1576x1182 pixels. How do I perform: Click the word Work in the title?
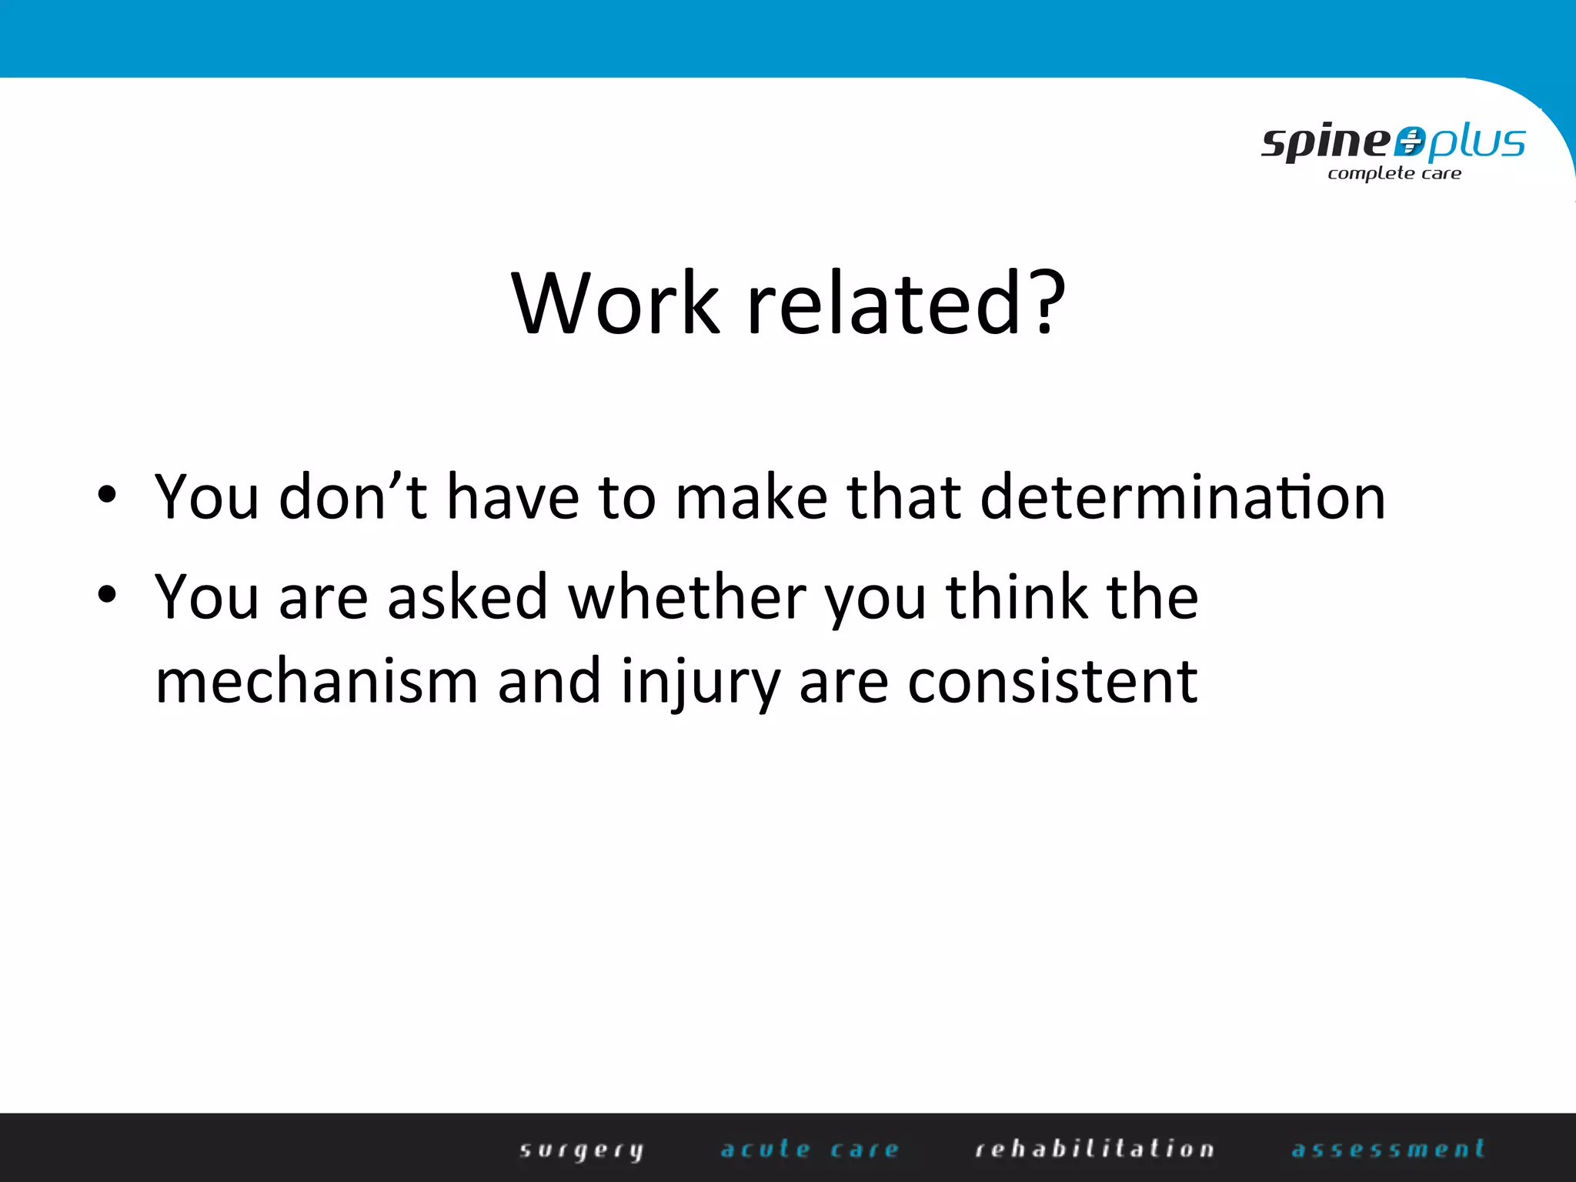pyautogui.click(x=616, y=304)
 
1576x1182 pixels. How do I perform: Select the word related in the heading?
pyautogui.click(x=883, y=304)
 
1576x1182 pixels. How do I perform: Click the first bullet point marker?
pyautogui.click(x=107, y=495)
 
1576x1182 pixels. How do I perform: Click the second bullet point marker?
pyautogui.click(x=107, y=594)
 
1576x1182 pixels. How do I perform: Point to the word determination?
pyautogui.click(x=1183, y=497)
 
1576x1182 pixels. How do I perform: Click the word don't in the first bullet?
pyautogui.click(x=352, y=497)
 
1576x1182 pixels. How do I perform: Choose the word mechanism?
pyautogui.click(x=316, y=682)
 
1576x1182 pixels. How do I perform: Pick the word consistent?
pyautogui.click(x=1052, y=682)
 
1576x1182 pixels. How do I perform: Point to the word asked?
pyautogui.click(x=467, y=597)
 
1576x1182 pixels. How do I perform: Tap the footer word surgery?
pyautogui.click(x=582, y=1150)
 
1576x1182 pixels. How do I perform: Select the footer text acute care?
pyautogui.click(x=810, y=1150)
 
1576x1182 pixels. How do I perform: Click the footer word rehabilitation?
pyautogui.click(x=1095, y=1150)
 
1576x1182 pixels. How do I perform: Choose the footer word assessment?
pyautogui.click(x=1388, y=1150)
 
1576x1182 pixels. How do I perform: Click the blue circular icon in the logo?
pyautogui.click(x=1409, y=142)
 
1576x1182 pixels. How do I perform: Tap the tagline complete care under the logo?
pyautogui.click(x=1394, y=174)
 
